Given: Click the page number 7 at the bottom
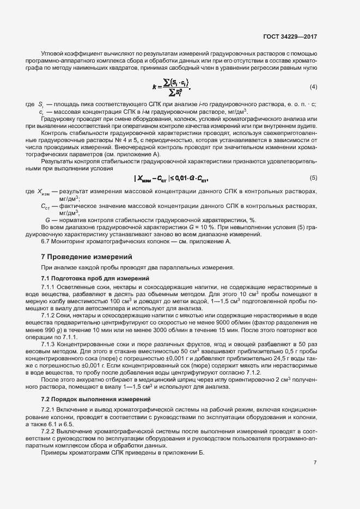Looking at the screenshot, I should pyautogui.click(x=315, y=462).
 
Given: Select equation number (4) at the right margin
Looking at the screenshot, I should pyautogui.click(x=314, y=87).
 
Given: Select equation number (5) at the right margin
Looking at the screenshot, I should pyautogui.click(x=314, y=178).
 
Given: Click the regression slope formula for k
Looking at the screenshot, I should pyautogui.click(x=172, y=87).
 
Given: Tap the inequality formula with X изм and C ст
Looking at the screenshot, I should pyautogui.click(x=171, y=179).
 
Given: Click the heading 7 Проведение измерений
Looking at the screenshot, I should pyautogui.click(x=86, y=256).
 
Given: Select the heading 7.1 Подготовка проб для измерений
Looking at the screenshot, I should pyautogui.click(x=95, y=279).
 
